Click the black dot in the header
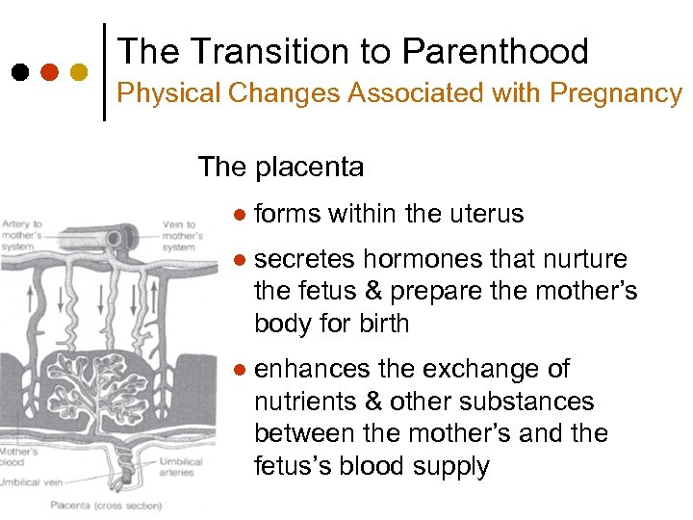click(19, 71)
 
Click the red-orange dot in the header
click(50, 71)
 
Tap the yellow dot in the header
click(80, 71)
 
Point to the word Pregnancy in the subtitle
click(616, 94)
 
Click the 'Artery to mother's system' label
click(23, 235)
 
